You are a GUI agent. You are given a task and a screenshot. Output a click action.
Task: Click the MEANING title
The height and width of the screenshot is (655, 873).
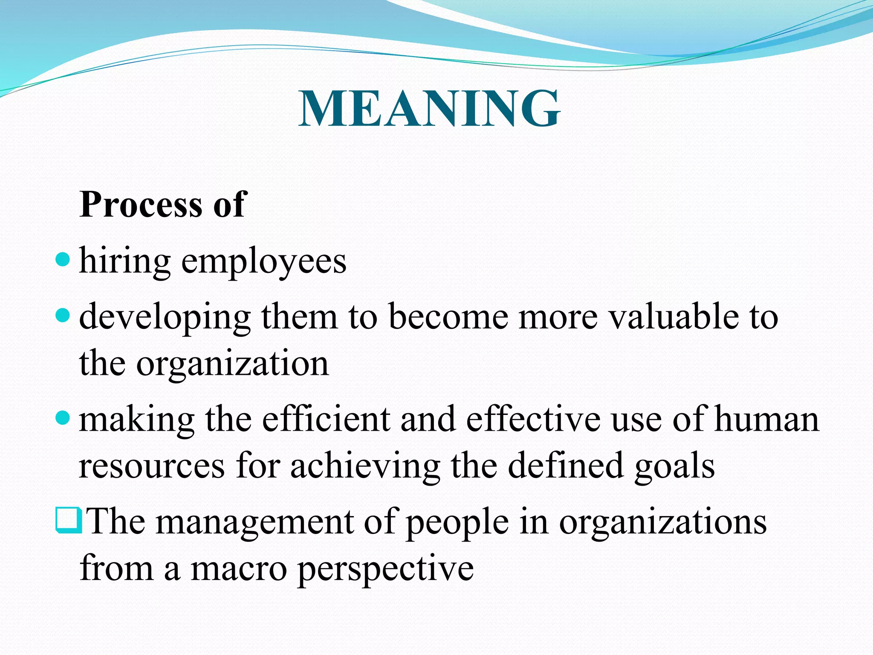429,109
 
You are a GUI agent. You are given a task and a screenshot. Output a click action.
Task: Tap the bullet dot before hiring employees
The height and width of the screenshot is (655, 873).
63,259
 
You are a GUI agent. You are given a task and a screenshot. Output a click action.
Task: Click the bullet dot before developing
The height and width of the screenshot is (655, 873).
63,316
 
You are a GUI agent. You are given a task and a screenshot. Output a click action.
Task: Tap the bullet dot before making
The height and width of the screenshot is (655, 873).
63,418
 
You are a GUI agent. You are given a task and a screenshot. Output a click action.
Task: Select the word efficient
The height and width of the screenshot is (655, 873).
326,420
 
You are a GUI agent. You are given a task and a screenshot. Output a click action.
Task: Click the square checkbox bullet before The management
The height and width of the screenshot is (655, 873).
68,520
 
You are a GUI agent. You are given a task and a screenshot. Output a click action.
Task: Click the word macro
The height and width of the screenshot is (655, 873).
239,569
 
